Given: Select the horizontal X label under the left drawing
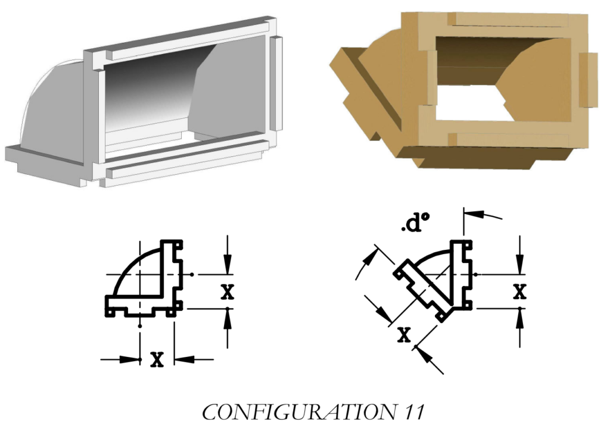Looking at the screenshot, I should (157, 359).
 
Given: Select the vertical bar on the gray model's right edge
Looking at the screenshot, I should (275, 83).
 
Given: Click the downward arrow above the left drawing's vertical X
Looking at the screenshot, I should (227, 256).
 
